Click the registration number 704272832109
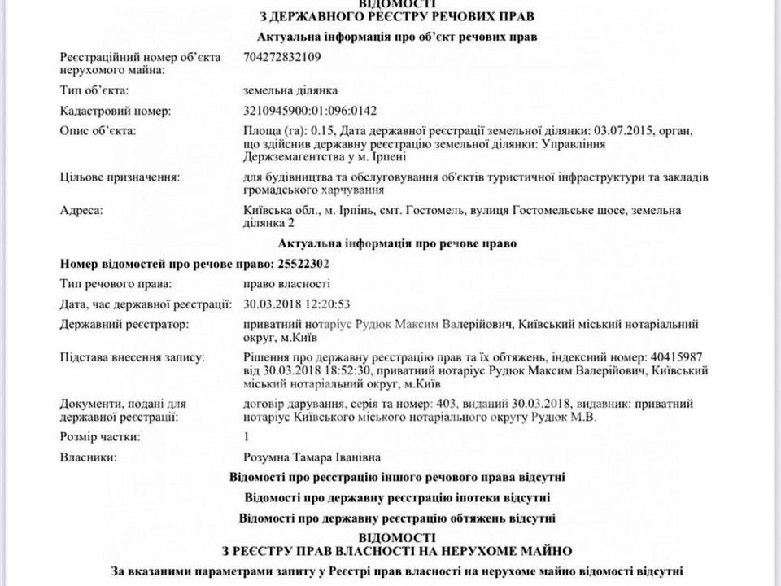point(285,57)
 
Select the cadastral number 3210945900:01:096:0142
point(310,111)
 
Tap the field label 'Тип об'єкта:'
point(94,90)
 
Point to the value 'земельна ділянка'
point(290,90)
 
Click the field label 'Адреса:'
point(82,211)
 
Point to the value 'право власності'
point(286,284)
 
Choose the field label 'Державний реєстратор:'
point(124,325)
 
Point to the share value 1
point(247,437)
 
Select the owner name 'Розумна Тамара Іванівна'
point(312,457)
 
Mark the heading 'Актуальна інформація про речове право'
point(397,243)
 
